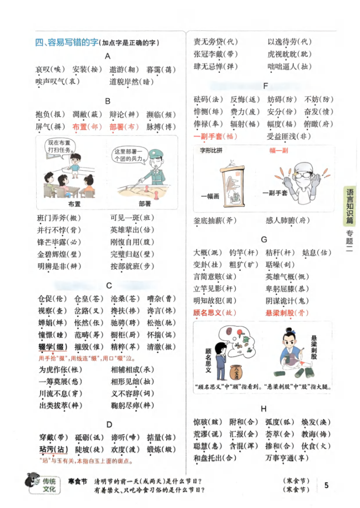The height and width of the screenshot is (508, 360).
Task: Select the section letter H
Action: pos(264,408)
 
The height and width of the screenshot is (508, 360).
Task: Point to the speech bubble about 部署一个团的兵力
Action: pos(128,155)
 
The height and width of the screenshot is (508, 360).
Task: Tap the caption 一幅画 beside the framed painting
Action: pos(210,196)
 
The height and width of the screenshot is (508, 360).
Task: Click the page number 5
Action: pos(326,485)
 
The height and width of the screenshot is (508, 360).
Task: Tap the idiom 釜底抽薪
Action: pos(208,220)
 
